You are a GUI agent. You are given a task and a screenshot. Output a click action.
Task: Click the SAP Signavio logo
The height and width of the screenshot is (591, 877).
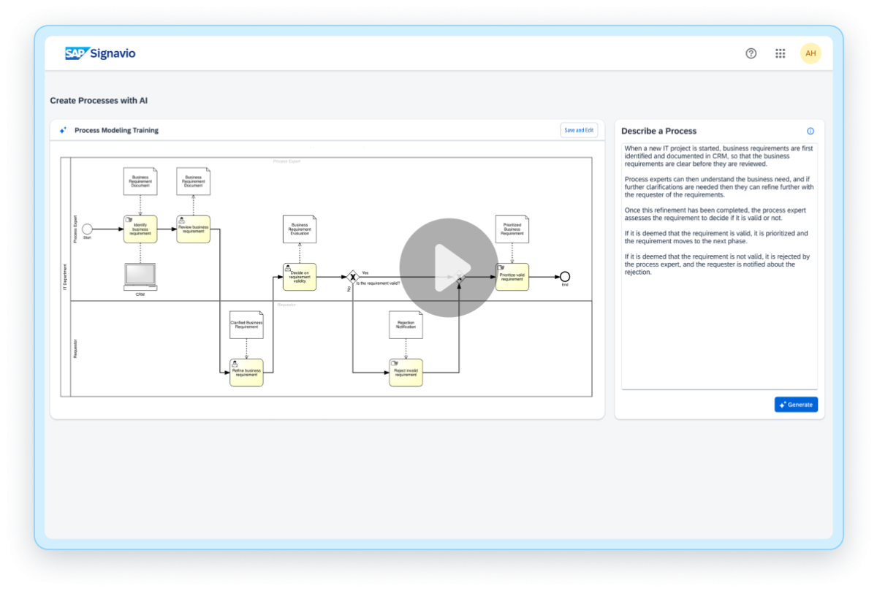[100, 53]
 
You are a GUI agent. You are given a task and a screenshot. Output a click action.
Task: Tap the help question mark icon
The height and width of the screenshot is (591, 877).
[751, 53]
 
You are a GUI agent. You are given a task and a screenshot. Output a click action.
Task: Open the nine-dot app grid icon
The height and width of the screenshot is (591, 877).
[780, 53]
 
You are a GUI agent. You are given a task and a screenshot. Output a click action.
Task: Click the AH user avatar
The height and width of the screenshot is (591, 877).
[810, 53]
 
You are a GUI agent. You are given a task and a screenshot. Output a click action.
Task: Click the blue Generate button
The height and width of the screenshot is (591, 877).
[796, 404]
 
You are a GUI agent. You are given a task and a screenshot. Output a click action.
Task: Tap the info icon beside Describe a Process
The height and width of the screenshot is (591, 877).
[810, 131]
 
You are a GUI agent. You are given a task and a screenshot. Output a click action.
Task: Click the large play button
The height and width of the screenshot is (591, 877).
[448, 267]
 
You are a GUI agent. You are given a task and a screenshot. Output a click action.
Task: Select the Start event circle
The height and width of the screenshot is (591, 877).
[87, 229]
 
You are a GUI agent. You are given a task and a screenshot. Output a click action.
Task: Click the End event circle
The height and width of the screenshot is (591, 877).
[564, 276]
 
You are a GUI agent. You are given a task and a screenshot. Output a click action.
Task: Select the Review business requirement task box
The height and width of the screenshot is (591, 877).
[193, 229]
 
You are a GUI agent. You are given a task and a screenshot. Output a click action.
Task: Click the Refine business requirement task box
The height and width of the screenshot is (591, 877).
[246, 372]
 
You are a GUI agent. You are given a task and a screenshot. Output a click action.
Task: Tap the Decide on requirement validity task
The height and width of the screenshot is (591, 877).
[300, 277]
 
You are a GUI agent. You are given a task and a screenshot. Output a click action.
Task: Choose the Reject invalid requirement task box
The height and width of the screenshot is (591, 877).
[406, 372]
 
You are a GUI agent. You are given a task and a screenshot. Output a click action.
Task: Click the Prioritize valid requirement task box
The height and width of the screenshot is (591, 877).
[512, 277]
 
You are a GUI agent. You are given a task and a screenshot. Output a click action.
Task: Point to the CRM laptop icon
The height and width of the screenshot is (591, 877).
[140, 276]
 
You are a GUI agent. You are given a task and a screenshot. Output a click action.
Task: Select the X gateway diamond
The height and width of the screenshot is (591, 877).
[352, 277]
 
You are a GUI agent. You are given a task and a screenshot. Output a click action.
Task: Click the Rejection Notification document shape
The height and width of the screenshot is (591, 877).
[406, 324]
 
